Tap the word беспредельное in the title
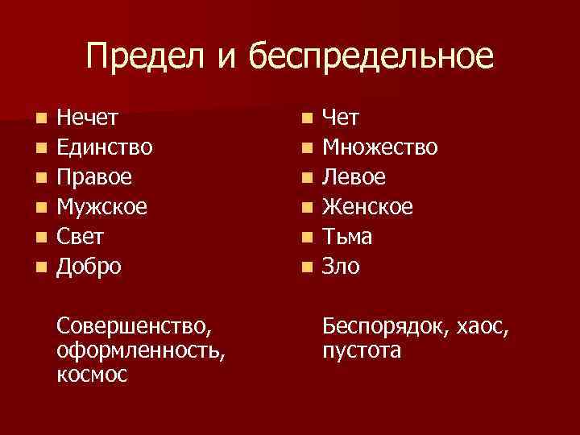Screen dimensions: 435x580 point(370,57)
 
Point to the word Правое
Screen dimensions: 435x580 point(94,177)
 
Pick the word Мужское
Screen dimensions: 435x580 point(101,207)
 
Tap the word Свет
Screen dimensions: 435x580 point(80,236)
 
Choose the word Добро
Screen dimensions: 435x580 point(89,266)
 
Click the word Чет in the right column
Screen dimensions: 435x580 point(341,118)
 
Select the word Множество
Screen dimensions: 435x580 point(380,147)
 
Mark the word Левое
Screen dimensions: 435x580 point(354,177)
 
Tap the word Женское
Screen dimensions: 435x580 point(367,207)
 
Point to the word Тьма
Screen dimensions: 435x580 point(347,236)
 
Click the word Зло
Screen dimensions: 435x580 point(341,266)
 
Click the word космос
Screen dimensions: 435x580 point(92,375)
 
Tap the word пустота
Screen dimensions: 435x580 point(361,351)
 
